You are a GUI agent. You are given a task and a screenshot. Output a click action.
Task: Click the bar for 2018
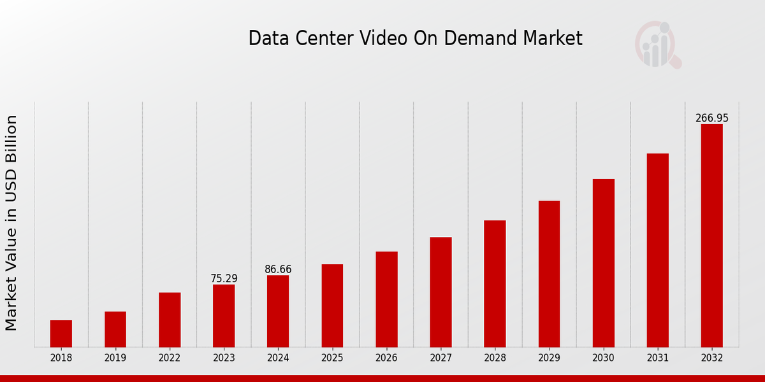[x=61, y=334]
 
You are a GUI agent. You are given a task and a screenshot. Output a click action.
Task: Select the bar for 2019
[x=115, y=329]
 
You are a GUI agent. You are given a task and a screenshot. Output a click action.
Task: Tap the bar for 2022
[x=170, y=320]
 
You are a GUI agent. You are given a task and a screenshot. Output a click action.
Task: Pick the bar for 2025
[x=332, y=306]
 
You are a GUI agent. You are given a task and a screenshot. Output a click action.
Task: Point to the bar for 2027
[x=441, y=292]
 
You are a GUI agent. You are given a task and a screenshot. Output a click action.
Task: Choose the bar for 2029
[x=549, y=274]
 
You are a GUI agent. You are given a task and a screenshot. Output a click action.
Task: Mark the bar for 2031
[x=657, y=250]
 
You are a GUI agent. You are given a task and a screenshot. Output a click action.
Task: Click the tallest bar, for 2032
[x=711, y=236]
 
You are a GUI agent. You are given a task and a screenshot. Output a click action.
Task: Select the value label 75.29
[x=224, y=279]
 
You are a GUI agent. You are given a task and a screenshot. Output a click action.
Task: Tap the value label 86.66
[x=278, y=269]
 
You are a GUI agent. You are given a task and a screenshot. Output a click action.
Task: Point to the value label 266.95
[x=711, y=118]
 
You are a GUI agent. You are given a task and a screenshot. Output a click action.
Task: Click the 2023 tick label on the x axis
[x=224, y=358]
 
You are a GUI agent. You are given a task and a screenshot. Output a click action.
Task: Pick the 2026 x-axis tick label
[x=386, y=358]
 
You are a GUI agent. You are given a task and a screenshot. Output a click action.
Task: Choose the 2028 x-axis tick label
[x=495, y=358]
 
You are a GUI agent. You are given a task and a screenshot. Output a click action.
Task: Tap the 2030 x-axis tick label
[x=603, y=358]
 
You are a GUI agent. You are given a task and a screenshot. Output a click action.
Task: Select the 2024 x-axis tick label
[x=278, y=358]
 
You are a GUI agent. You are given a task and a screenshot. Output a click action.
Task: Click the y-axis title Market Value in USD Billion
[x=11, y=223]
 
